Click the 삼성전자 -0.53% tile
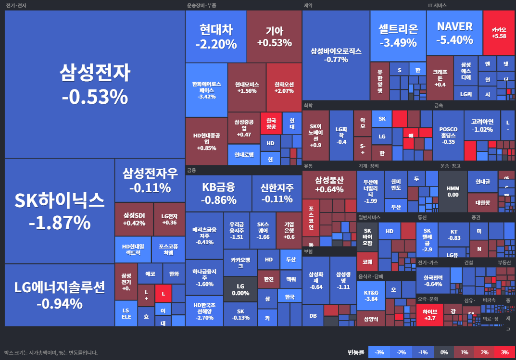tap(95, 84)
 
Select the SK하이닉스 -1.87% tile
tap(59, 211)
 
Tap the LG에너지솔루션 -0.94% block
tap(59, 295)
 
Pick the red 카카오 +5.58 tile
tap(499, 33)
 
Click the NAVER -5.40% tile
tap(454, 33)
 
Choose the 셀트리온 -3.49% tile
tap(398, 36)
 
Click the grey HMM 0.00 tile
tap(453, 191)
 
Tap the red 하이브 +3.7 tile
tap(429, 314)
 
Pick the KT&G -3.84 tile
tap(371, 295)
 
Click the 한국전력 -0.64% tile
tap(433, 281)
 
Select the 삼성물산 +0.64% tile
tap(329, 185)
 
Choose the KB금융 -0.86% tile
tap(218, 193)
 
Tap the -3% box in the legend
tap(379, 352)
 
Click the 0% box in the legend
tap(443, 352)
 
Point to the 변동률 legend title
tap(356, 352)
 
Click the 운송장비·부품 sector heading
tap(201, 6)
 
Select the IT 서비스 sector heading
tap(437, 6)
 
